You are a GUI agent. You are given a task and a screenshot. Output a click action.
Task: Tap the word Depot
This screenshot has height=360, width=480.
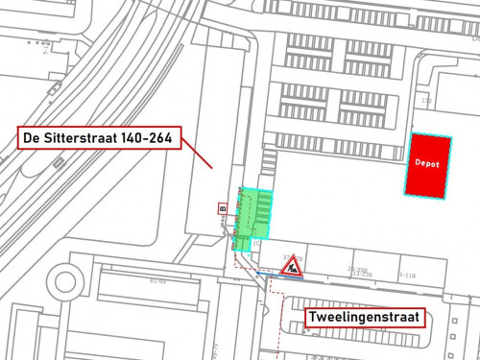pyautogui.click(x=427, y=164)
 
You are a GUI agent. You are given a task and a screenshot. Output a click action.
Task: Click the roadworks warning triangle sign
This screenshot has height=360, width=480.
pyautogui.click(x=291, y=266)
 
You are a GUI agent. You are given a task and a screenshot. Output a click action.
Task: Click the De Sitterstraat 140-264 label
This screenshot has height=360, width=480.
pyautogui.click(x=96, y=139)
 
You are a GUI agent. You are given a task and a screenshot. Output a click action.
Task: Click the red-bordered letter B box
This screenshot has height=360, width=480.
pyautogui.click(x=221, y=207)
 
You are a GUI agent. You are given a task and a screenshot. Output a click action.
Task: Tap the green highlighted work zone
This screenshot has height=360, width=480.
pyautogui.click(x=252, y=213)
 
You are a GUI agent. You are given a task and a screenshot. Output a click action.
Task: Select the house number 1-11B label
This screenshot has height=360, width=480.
pyautogui.click(x=406, y=276)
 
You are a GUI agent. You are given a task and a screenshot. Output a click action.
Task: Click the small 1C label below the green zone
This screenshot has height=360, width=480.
pyautogui.click(x=256, y=245)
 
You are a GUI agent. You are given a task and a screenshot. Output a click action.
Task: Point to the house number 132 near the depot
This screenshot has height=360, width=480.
pyautogui.click(x=426, y=101)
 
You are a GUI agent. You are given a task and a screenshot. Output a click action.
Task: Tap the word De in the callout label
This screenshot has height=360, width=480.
pyautogui.click(x=32, y=139)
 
